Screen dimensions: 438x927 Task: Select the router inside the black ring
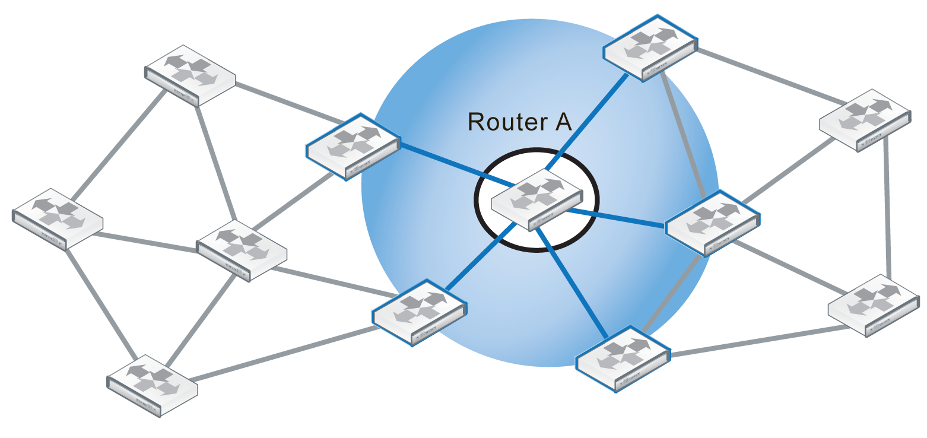click(x=536, y=199)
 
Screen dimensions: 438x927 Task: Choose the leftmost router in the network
click(x=58, y=218)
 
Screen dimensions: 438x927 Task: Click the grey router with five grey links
click(x=242, y=250)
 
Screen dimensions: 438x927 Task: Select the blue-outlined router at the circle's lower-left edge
click(x=419, y=312)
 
